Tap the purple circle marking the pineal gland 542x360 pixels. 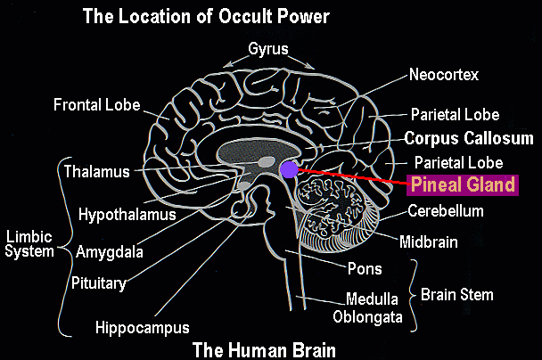tap(289, 168)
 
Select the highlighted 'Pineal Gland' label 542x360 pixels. tap(463, 184)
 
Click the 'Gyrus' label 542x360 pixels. tap(269, 49)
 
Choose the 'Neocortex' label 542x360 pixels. tap(445, 74)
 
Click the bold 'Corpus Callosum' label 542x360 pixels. tap(469, 139)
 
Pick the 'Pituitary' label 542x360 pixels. tap(99, 284)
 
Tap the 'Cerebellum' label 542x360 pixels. tap(446, 211)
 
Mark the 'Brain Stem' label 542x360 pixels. tap(457, 294)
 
